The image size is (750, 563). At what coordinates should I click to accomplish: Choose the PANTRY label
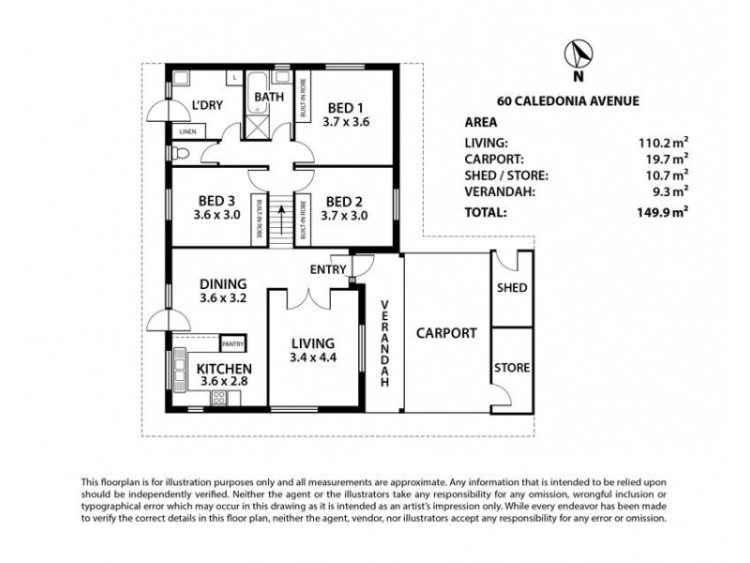[232, 344]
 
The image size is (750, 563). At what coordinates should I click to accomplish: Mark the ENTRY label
[327, 270]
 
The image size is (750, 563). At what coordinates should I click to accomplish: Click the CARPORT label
[446, 332]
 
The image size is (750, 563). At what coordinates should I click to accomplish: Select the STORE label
[512, 367]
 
